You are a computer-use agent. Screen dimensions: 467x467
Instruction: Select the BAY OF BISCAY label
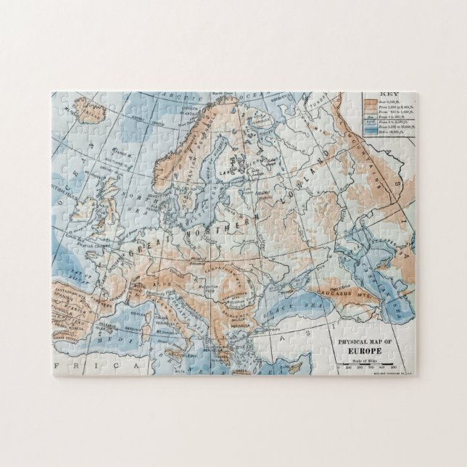88,272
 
